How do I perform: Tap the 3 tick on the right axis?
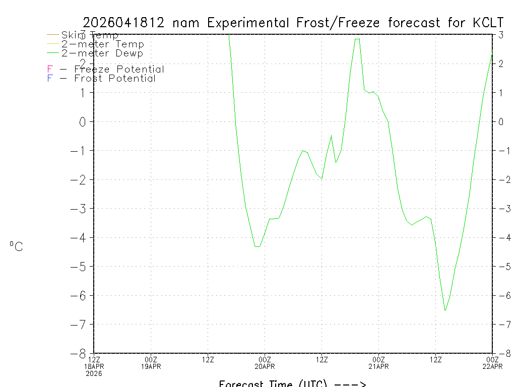point(501,35)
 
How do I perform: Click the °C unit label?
point(16,246)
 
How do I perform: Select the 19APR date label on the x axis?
point(151,366)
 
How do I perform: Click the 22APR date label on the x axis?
point(492,366)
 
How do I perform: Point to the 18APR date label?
point(94,366)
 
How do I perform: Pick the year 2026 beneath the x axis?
point(94,373)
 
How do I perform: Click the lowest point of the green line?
point(445,310)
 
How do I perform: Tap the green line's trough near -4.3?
point(257,246)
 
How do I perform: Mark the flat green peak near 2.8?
point(357,39)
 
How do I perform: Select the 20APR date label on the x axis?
point(265,366)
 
